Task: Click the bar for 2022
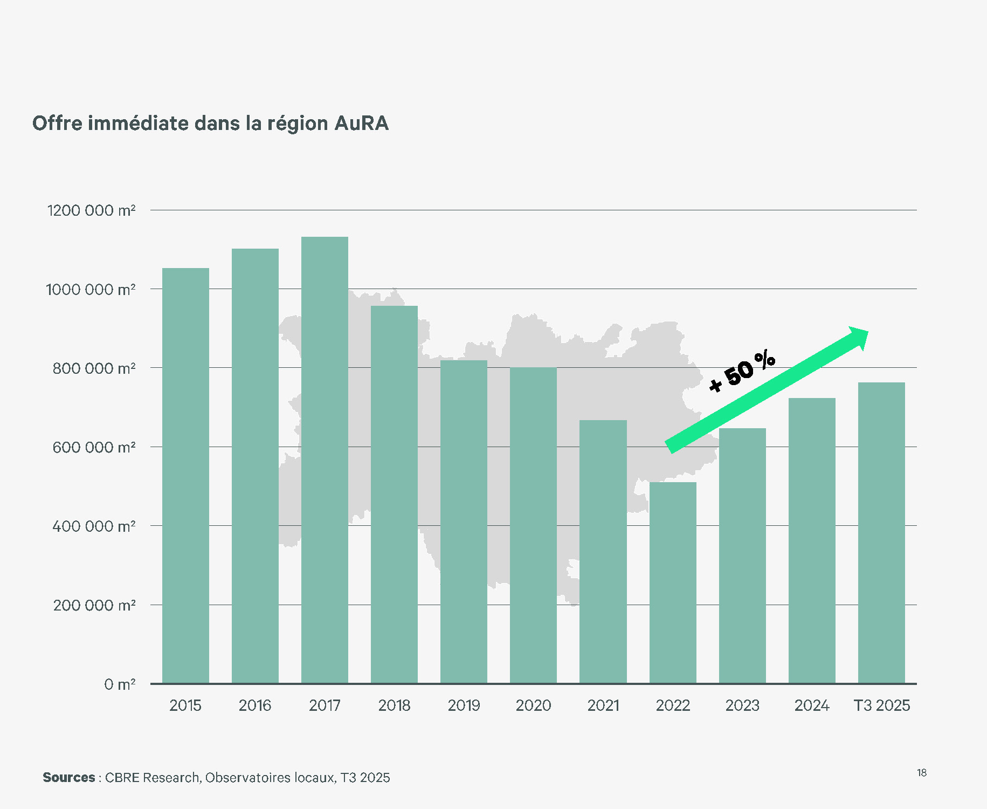673,582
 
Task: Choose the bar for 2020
533,525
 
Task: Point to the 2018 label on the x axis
394,705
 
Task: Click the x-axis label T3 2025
881,705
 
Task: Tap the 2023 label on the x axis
742,705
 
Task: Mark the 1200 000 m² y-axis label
91,210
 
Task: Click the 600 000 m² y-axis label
94,447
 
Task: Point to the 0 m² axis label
120,684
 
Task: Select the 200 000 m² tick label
94,605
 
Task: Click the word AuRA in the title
361,124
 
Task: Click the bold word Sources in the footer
69,777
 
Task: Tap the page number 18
922,773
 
